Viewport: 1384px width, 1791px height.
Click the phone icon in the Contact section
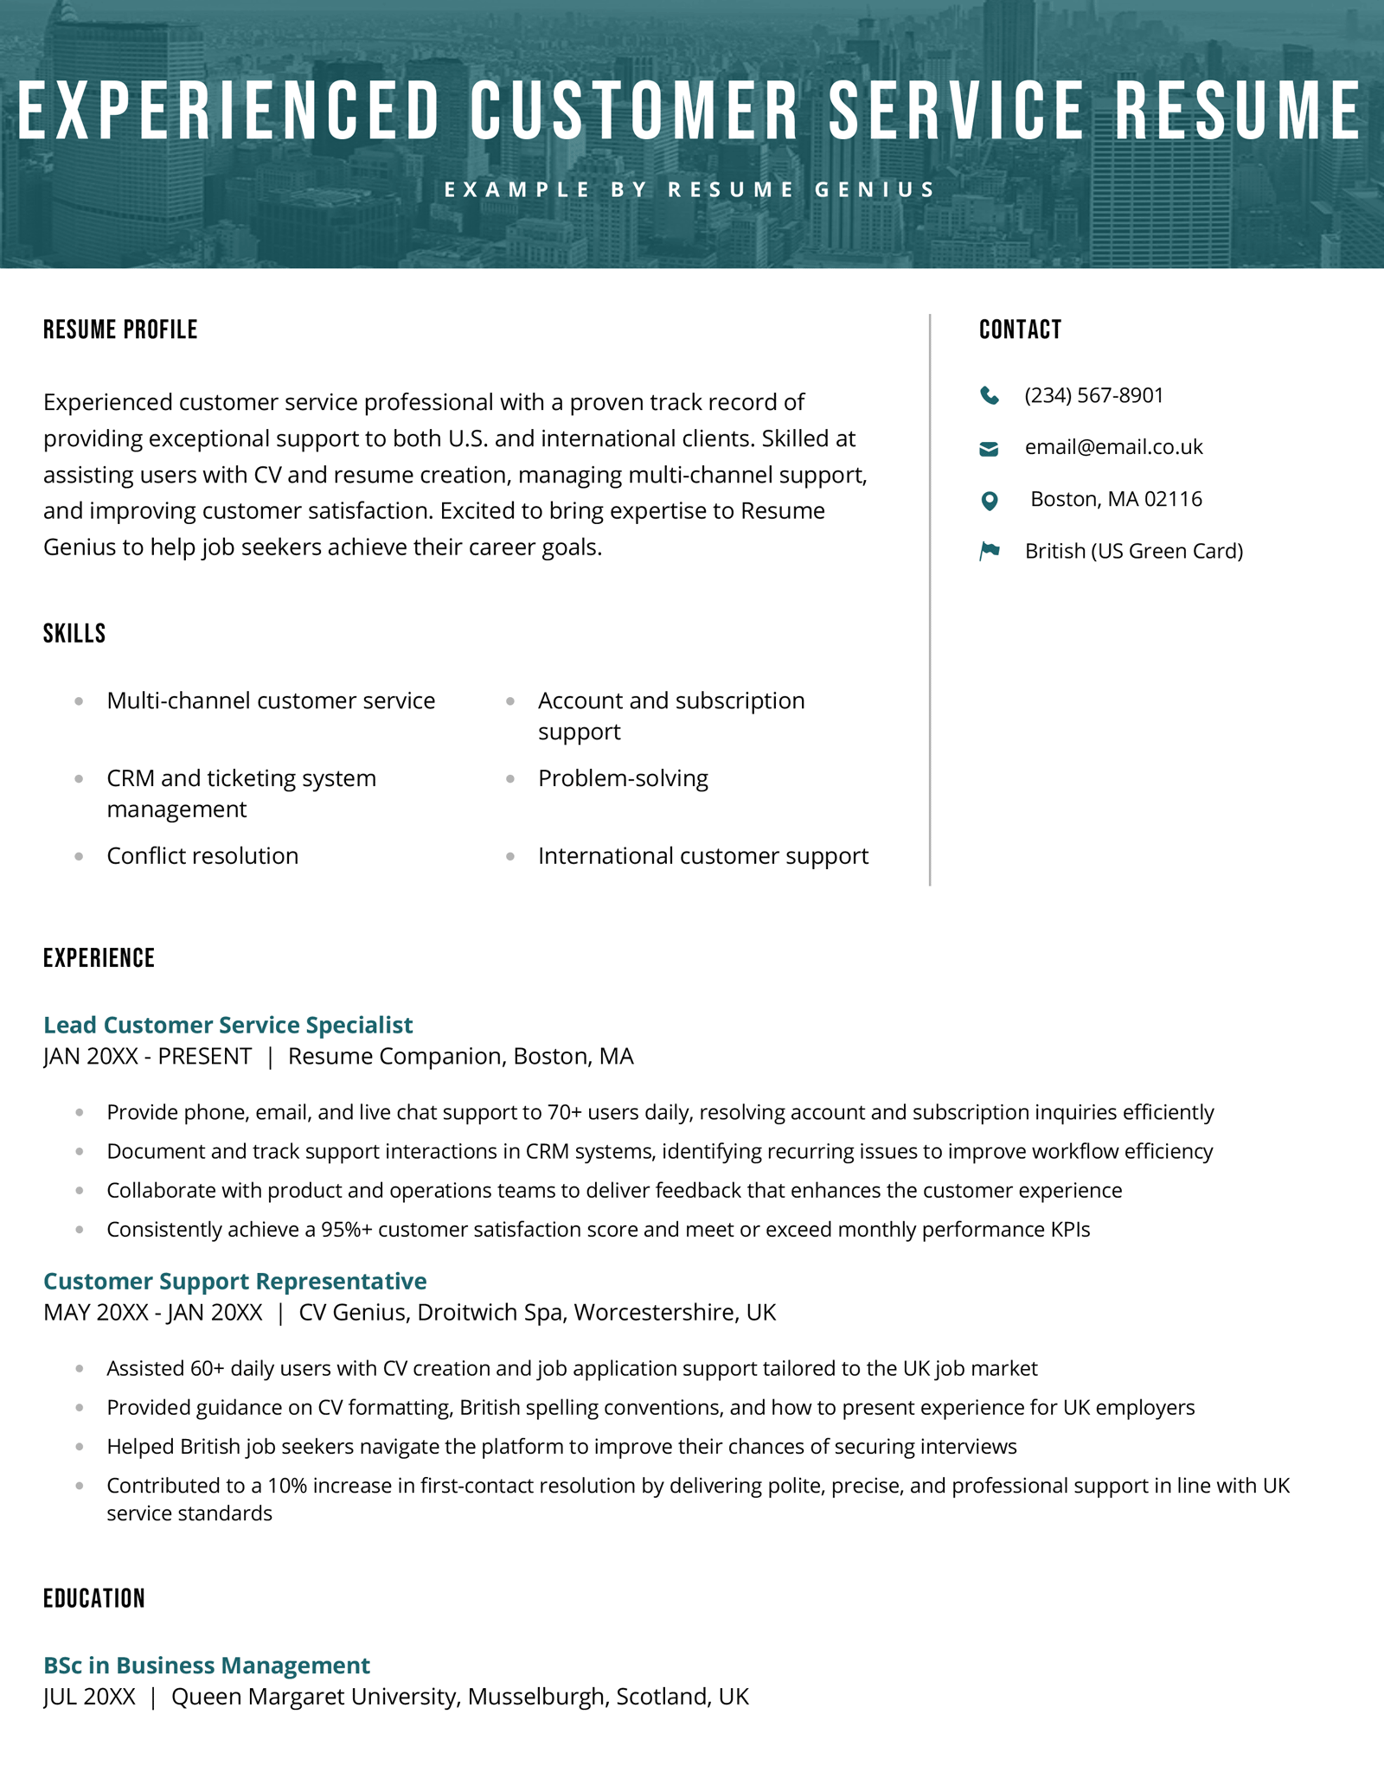pyautogui.click(x=990, y=396)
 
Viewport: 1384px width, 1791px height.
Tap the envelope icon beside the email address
pyautogui.click(x=989, y=448)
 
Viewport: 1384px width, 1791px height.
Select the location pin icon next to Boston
pyautogui.click(x=990, y=500)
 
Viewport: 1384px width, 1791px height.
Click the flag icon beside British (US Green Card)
pyautogui.click(x=990, y=551)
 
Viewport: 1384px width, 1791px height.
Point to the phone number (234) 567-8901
pyautogui.click(x=1093, y=395)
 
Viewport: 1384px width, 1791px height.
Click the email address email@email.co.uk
pyautogui.click(x=1113, y=447)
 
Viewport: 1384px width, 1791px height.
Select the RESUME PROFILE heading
pyautogui.click(x=120, y=329)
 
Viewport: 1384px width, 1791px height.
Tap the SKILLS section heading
pyautogui.click(x=74, y=633)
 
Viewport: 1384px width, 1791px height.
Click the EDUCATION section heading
pyautogui.click(x=94, y=1598)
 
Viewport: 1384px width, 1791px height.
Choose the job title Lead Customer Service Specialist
pyautogui.click(x=227, y=1025)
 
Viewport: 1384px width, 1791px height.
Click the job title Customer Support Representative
pyautogui.click(x=234, y=1281)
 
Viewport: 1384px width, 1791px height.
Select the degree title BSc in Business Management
pyautogui.click(x=206, y=1665)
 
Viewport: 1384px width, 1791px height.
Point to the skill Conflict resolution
pyautogui.click(x=202, y=856)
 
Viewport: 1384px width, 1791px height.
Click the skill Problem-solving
pyautogui.click(x=623, y=778)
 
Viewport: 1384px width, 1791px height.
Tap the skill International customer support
pyautogui.click(x=702, y=856)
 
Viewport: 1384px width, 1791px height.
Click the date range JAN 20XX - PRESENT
pyautogui.click(x=147, y=1057)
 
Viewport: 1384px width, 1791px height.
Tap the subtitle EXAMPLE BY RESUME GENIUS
pyautogui.click(x=690, y=189)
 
